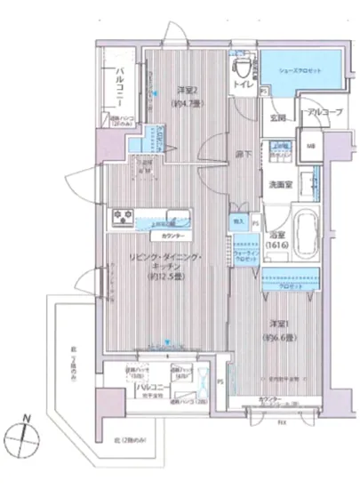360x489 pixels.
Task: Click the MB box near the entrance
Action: coord(311,148)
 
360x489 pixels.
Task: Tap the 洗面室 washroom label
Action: coord(281,186)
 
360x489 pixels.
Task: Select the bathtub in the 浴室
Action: coord(305,233)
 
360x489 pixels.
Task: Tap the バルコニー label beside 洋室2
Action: coord(118,91)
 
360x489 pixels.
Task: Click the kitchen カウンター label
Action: coord(172,236)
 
